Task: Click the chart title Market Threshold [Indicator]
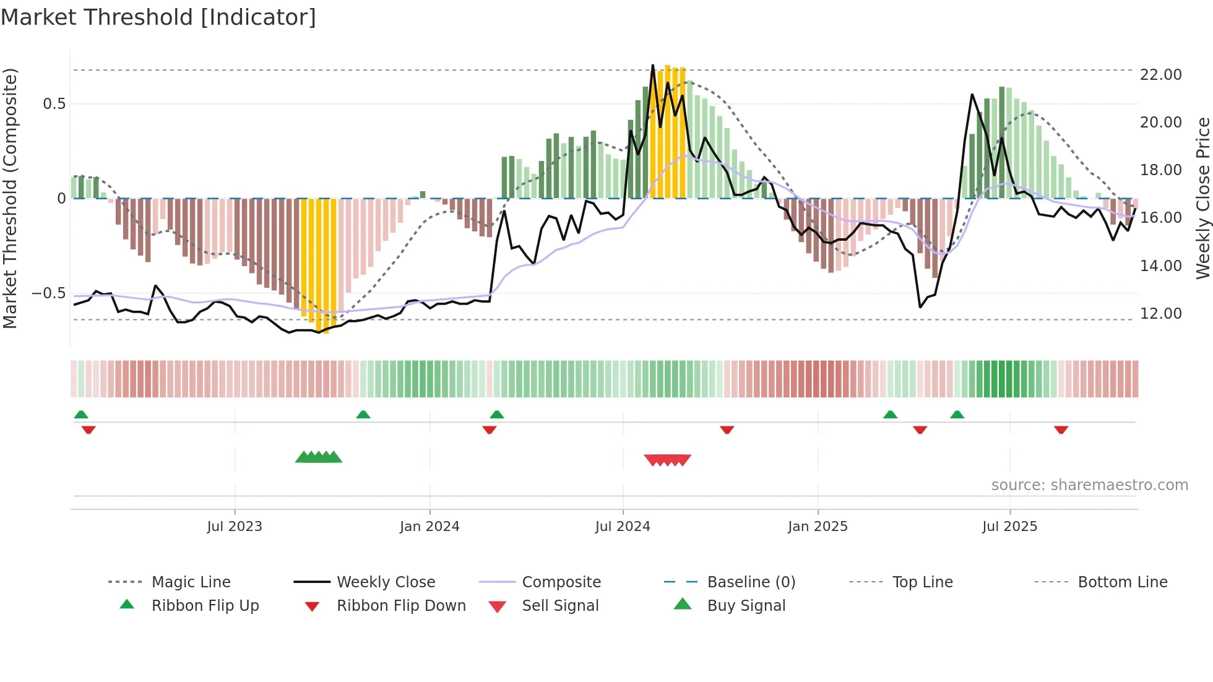coord(158,17)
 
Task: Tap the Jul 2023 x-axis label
coord(235,526)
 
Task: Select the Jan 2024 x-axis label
coord(430,526)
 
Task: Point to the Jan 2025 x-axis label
coord(818,526)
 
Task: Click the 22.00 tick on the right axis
coord(1160,74)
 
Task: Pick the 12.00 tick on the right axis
coord(1160,313)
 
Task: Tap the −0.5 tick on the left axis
coord(49,293)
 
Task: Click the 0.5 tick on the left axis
coord(54,103)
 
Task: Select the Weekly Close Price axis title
coord(1202,198)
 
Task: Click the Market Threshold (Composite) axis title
coord(10,198)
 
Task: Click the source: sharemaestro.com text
coord(1089,485)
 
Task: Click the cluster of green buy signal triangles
coord(319,457)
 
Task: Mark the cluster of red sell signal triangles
coord(667,460)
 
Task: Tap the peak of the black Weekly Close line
coord(653,65)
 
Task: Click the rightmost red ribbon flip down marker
coord(1061,429)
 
